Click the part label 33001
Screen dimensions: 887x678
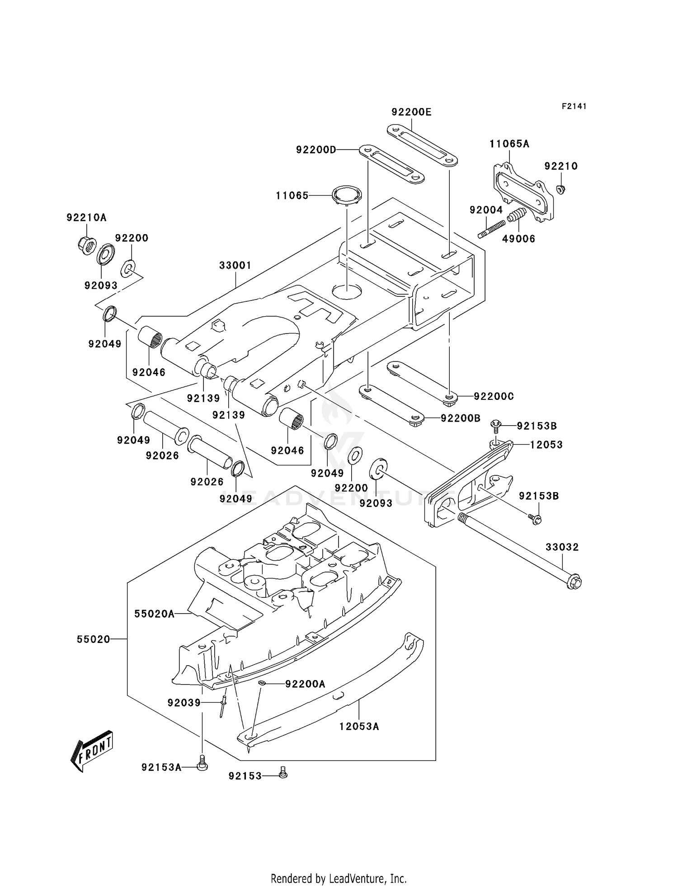pyautogui.click(x=235, y=266)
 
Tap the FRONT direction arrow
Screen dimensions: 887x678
pyautogui.click(x=92, y=750)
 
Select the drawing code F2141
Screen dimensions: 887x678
pyautogui.click(x=574, y=106)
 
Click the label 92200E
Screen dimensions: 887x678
pyautogui.click(x=411, y=112)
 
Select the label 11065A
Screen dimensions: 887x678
pyautogui.click(x=509, y=144)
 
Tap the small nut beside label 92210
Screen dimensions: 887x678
pyautogui.click(x=560, y=189)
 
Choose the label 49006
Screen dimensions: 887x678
pyautogui.click(x=518, y=239)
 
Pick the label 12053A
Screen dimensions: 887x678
pyautogui.click(x=359, y=727)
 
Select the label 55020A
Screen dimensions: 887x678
pyautogui.click(x=154, y=614)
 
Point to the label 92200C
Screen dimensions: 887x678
pyautogui.click(x=494, y=396)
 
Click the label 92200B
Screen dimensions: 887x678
pyautogui.click(x=461, y=418)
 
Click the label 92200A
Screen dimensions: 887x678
pyautogui.click(x=305, y=684)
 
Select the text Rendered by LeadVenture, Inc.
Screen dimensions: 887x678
pyautogui.click(x=339, y=878)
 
